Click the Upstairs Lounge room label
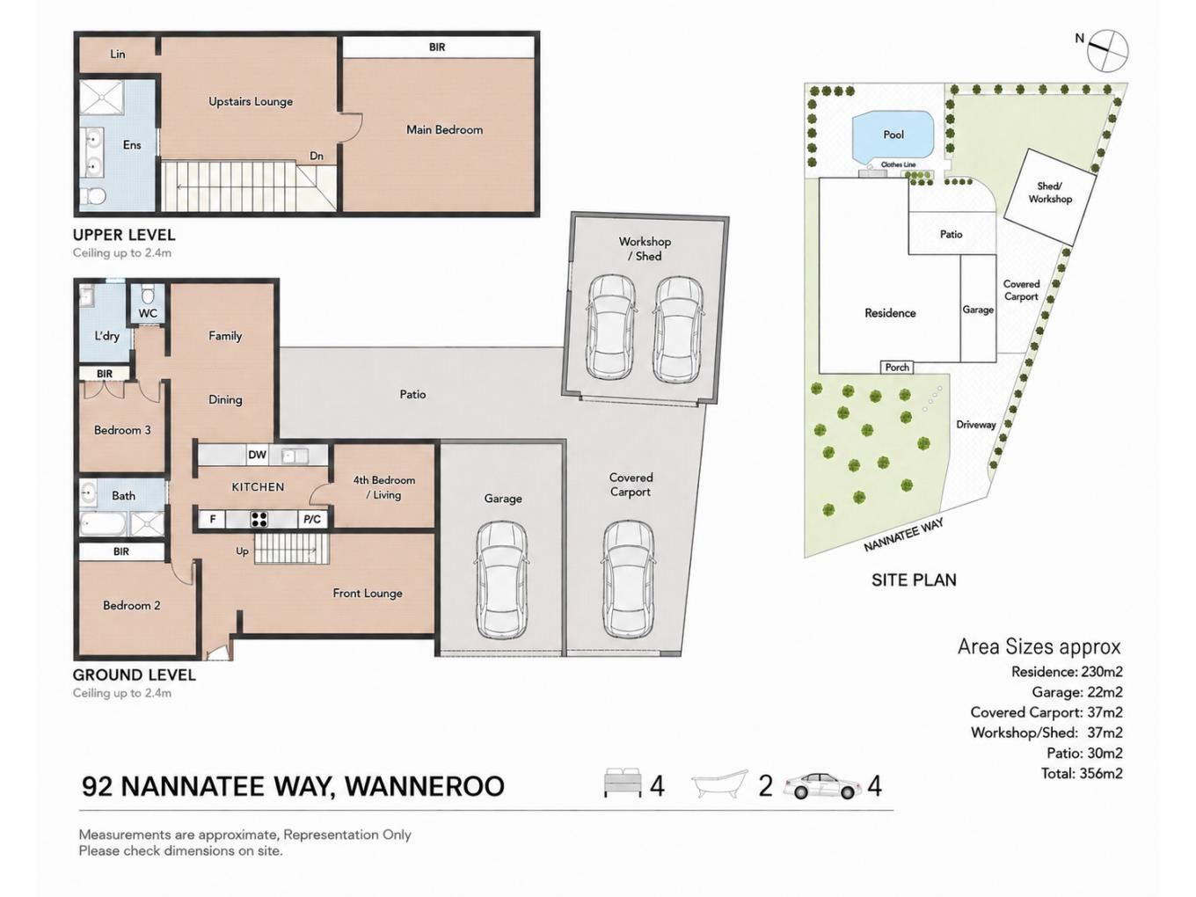[251, 102]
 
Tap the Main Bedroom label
[444, 129]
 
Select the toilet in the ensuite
[94, 196]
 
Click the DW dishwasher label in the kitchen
[257, 456]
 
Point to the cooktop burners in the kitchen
[259, 520]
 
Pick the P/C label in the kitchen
[312, 520]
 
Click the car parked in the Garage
[502, 580]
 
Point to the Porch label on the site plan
[897, 368]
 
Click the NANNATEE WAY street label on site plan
[903, 535]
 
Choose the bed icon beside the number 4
[622, 784]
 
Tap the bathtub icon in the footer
[719, 784]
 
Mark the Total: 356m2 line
[1082, 773]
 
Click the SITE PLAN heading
[914, 580]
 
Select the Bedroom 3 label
[122, 430]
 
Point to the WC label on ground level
[148, 314]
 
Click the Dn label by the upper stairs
[317, 157]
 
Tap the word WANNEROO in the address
[425, 786]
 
